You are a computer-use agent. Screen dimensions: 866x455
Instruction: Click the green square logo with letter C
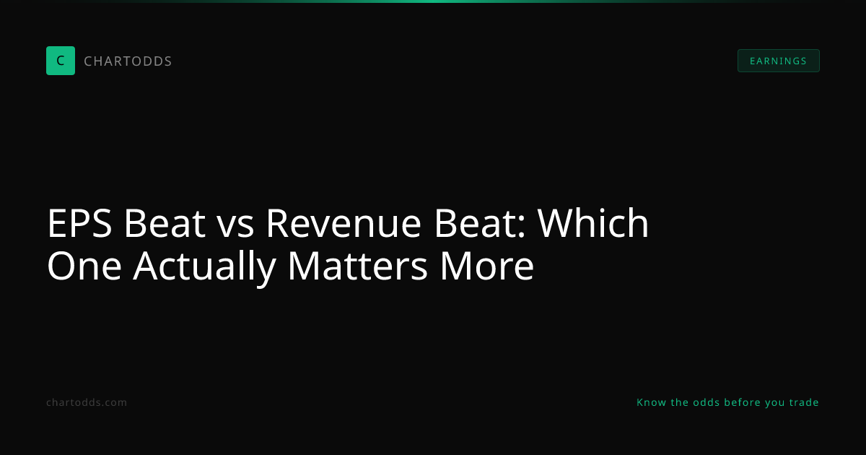pyautogui.click(x=61, y=61)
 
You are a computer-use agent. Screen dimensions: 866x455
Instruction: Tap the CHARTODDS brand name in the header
pyautogui.click(x=128, y=61)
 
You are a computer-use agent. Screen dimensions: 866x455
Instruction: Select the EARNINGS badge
pyautogui.click(x=778, y=61)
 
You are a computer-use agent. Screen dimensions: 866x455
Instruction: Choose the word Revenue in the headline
pyautogui.click(x=344, y=223)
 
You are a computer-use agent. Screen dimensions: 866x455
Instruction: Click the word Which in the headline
pyautogui.click(x=593, y=222)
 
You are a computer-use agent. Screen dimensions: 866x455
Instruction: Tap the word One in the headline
pyautogui.click(x=84, y=266)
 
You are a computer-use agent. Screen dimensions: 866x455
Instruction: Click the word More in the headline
pyautogui.click(x=487, y=266)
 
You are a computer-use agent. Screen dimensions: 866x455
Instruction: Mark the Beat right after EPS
pyautogui.click(x=165, y=223)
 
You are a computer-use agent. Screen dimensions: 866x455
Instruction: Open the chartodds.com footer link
pyautogui.click(x=87, y=402)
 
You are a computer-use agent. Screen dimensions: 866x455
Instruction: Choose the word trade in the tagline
pyautogui.click(x=804, y=402)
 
